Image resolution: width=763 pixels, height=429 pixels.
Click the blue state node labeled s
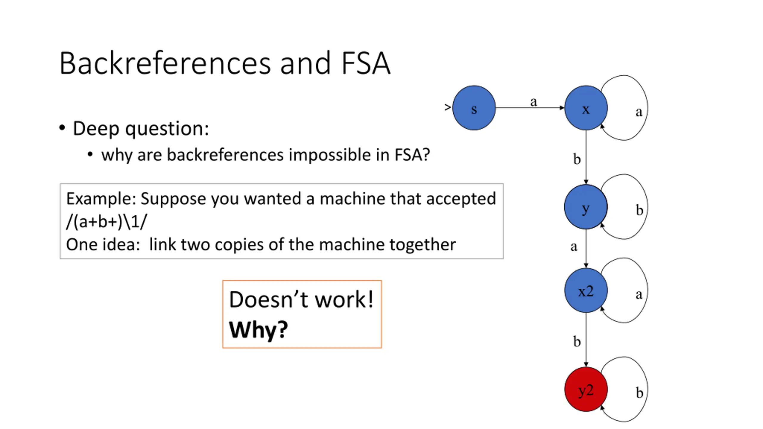click(474, 108)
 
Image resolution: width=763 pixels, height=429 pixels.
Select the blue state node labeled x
click(586, 108)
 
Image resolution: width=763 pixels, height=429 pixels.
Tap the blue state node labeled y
click(586, 207)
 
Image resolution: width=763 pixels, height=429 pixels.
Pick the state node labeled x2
click(586, 290)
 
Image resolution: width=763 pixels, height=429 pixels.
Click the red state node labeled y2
click(586, 389)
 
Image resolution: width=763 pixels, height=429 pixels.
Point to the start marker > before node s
click(447, 107)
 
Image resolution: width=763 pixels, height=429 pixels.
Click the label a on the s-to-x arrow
click(534, 102)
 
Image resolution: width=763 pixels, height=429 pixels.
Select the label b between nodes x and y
click(577, 159)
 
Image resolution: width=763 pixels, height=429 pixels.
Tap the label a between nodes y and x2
click(574, 247)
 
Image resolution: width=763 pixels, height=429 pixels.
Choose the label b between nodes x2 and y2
click(577, 341)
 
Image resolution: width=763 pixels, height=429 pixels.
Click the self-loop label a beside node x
click(639, 112)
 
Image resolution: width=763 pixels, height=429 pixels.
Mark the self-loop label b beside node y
click(639, 210)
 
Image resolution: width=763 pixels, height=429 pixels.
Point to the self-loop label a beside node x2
click(639, 294)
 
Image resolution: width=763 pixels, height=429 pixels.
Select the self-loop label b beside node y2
click(639, 393)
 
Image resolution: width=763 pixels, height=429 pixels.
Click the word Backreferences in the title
click(165, 63)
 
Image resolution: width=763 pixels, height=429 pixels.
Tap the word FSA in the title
click(366, 63)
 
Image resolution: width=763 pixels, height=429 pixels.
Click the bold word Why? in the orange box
click(258, 330)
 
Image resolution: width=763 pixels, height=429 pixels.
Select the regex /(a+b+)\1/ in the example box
click(107, 222)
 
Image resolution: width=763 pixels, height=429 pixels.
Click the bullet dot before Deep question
click(62, 128)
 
